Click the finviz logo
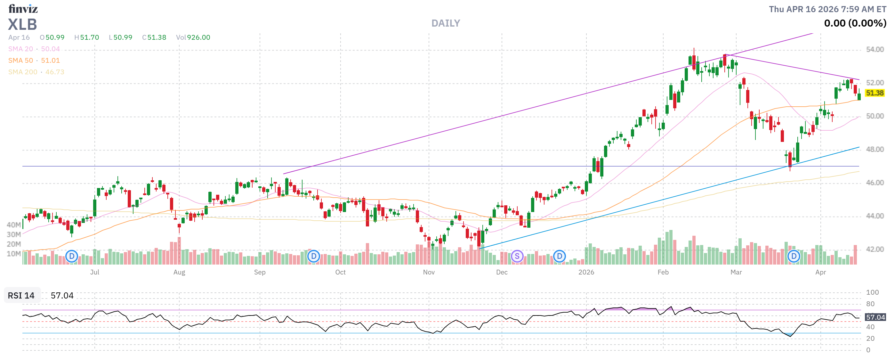click(x=23, y=8)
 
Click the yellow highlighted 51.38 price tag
click(x=875, y=93)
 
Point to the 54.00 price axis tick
click(x=875, y=50)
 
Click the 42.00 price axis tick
click(x=875, y=250)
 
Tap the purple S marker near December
click(x=517, y=257)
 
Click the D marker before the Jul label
click(x=72, y=257)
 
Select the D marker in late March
click(x=794, y=257)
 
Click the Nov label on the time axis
click(x=429, y=273)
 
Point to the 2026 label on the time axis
click(x=586, y=273)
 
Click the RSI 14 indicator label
click(x=21, y=296)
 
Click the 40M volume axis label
click(x=13, y=225)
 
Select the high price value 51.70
click(x=89, y=37)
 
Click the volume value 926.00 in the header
click(x=198, y=37)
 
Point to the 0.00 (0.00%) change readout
click(x=855, y=23)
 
